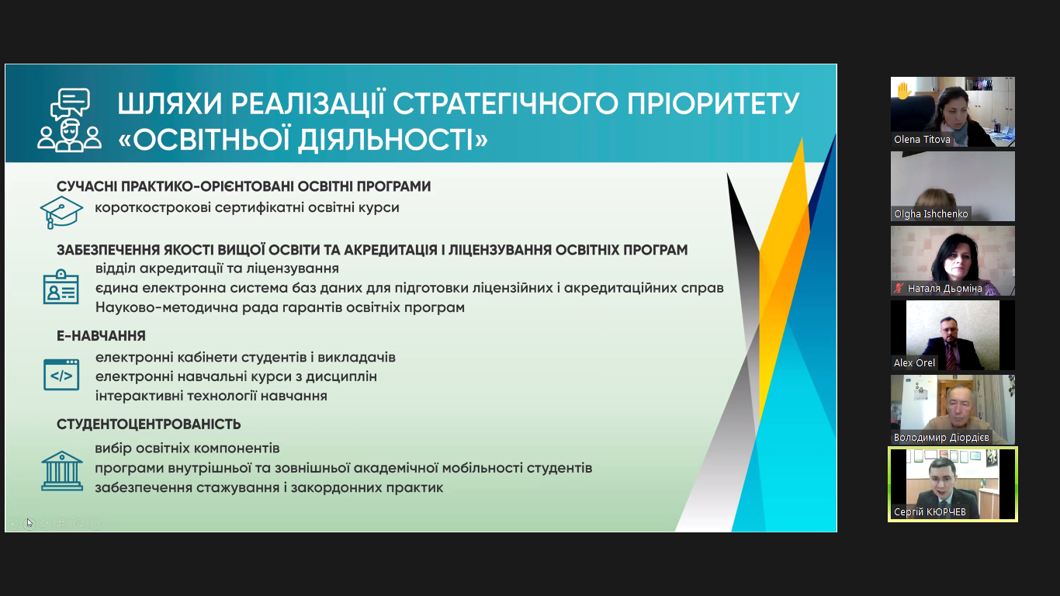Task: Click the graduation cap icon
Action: (x=61, y=212)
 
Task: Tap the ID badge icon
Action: (x=61, y=287)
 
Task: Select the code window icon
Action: (x=61, y=375)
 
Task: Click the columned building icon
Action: (x=62, y=470)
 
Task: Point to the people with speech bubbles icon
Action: (x=69, y=120)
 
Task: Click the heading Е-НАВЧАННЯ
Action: (x=102, y=335)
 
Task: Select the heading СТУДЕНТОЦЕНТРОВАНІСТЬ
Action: (x=148, y=424)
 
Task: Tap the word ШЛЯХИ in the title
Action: (x=170, y=104)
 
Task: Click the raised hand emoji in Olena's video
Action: (x=904, y=91)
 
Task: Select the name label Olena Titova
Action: (x=922, y=139)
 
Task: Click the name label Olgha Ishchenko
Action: (x=931, y=213)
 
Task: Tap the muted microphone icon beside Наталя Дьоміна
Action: (x=899, y=288)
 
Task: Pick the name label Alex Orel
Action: (x=914, y=362)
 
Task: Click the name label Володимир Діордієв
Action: (x=941, y=438)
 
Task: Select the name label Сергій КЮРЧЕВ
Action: (x=930, y=511)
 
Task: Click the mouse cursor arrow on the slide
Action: (x=29, y=522)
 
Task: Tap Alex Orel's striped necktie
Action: (x=950, y=356)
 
